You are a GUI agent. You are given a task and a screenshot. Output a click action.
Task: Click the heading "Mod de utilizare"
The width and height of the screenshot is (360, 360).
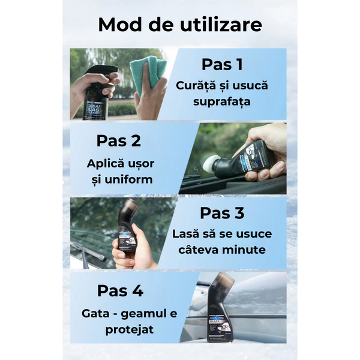(180, 25)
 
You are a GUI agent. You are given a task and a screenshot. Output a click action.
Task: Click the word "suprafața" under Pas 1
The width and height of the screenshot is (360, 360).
(223, 103)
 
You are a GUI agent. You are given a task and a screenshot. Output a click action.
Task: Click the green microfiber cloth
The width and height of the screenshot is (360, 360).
(147, 76)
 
